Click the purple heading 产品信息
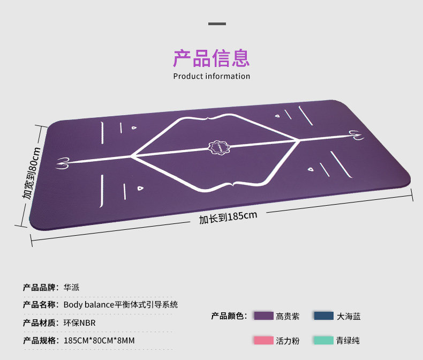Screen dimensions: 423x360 click(211, 58)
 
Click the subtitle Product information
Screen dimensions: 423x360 click(211, 76)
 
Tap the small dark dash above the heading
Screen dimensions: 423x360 click(217, 24)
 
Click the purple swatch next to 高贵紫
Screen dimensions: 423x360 click(263, 316)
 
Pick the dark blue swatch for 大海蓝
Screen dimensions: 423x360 click(323, 316)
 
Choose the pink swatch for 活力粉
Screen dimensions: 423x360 click(263, 340)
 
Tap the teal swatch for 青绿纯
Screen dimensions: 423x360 click(323, 340)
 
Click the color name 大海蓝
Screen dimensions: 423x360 click(349, 316)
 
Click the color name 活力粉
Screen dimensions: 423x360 click(288, 340)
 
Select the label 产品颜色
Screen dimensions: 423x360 click(229, 316)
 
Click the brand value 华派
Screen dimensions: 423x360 click(71, 287)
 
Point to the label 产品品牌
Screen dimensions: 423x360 click(41, 287)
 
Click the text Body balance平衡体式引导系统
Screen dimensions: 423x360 click(120, 305)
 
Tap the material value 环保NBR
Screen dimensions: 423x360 click(79, 322)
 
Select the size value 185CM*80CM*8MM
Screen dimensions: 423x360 click(99, 340)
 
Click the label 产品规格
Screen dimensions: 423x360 click(41, 340)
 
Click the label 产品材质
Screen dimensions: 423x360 click(41, 322)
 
